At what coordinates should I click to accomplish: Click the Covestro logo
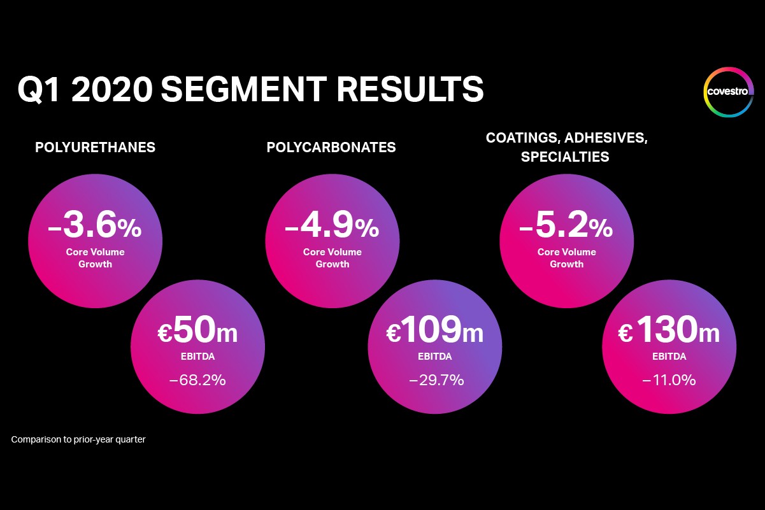[729, 92]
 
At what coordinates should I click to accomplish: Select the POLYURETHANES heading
[95, 147]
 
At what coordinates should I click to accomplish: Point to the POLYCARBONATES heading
[331, 147]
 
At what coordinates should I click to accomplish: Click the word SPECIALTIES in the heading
[565, 157]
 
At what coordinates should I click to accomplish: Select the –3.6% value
[94, 227]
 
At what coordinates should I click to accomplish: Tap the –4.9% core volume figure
[332, 227]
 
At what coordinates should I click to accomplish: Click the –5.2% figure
[566, 227]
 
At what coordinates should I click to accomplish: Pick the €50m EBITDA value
[197, 332]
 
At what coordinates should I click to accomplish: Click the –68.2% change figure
[197, 381]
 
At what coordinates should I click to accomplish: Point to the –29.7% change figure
[436, 381]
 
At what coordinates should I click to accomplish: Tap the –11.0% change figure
[669, 381]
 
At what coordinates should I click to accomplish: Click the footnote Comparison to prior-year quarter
[78, 439]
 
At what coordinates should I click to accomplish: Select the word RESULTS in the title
[410, 89]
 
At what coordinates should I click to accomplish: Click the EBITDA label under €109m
[435, 357]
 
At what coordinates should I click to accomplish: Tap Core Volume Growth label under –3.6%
[95, 258]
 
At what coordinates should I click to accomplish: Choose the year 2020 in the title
[111, 89]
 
